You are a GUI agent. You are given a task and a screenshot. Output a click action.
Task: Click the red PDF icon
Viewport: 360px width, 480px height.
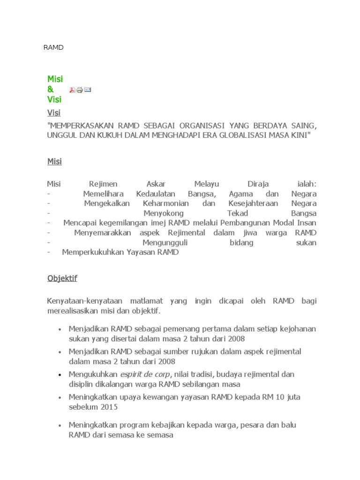point(73,90)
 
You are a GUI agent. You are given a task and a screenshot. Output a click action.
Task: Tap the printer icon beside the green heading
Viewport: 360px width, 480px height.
point(80,90)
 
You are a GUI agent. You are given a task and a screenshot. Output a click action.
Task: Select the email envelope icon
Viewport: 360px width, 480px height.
point(88,90)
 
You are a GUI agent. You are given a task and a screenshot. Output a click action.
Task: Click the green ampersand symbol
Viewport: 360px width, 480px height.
point(51,89)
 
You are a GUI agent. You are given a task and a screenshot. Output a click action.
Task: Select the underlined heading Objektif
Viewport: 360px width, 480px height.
point(62,278)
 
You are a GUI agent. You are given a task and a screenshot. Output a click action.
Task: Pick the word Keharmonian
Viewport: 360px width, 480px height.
point(165,203)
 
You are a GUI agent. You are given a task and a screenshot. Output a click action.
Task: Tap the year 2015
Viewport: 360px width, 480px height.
point(108,407)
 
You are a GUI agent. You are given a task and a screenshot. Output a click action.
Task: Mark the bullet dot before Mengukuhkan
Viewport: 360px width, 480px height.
point(60,375)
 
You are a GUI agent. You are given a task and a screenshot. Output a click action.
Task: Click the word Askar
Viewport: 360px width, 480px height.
point(156,184)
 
